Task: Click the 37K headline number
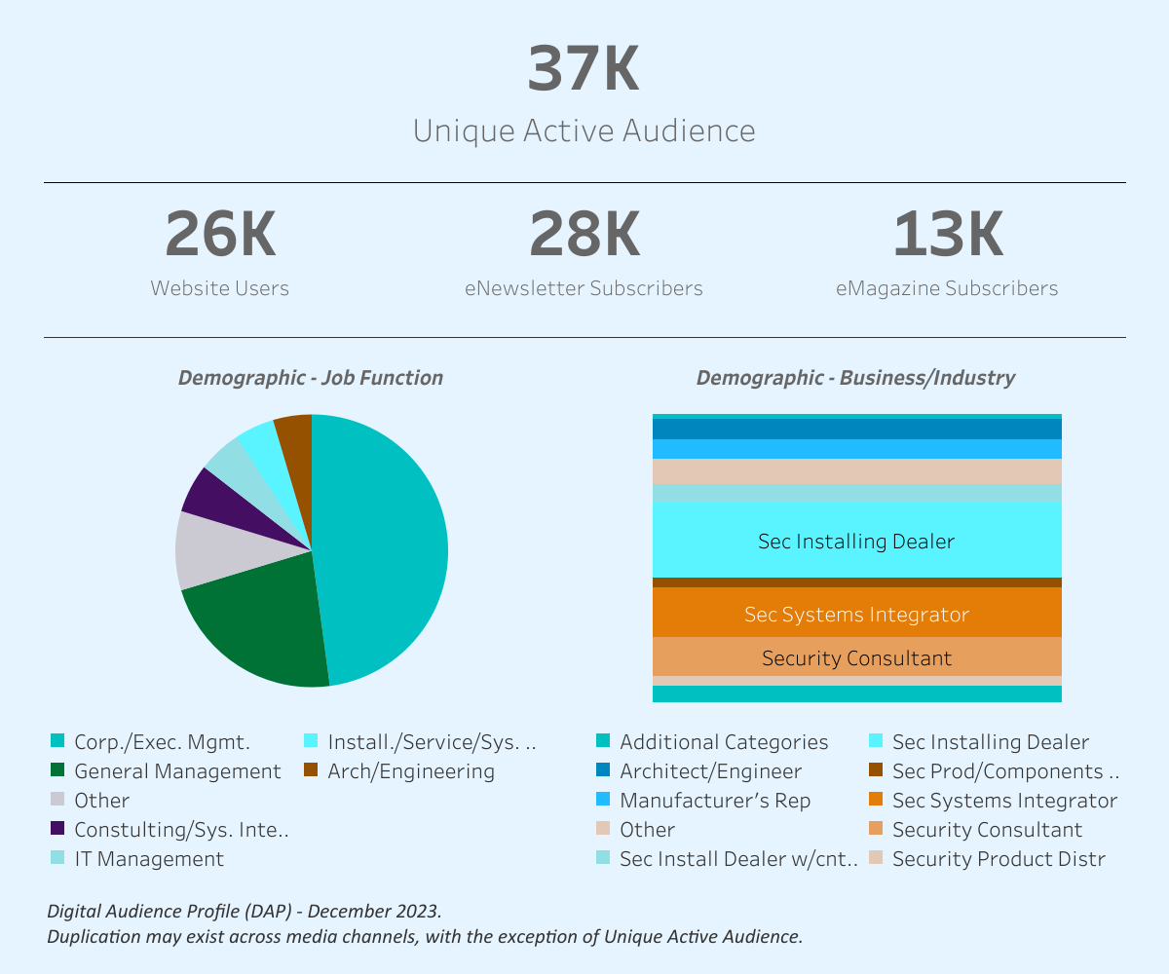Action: pos(584,69)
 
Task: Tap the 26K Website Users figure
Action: pos(220,236)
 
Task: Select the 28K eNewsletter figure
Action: pos(584,236)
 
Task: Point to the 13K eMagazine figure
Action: pos(947,236)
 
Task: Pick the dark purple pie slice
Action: pos(207,492)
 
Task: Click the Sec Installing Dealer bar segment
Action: pos(856,541)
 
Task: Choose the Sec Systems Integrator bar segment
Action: pos(856,614)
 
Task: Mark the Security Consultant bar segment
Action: pos(856,658)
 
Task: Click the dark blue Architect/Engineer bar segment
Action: pos(856,429)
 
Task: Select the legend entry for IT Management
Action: pos(148,859)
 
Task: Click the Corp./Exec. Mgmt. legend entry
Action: pos(162,742)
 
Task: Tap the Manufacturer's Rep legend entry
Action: pos(714,801)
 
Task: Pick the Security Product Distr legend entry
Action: pos(998,859)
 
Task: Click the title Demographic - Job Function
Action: pos(310,378)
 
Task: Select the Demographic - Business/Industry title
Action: pos(855,378)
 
